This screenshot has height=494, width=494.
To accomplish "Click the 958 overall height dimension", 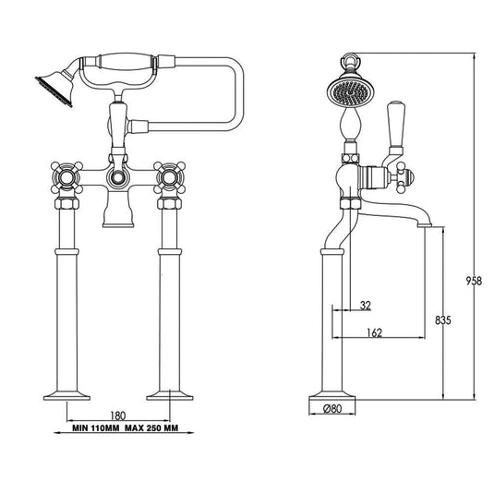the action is click(x=474, y=281).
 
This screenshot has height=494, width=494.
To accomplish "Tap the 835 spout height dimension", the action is click(x=443, y=320).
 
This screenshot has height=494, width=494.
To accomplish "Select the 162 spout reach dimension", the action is click(x=374, y=332).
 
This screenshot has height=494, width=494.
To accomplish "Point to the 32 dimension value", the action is click(x=366, y=306).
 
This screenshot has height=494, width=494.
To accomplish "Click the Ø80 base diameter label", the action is click(x=332, y=409).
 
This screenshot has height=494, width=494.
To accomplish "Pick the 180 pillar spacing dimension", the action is click(x=118, y=416).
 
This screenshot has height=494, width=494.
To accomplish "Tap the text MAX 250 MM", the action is click(x=151, y=428).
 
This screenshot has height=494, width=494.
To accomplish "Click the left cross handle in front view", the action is click(x=66, y=177).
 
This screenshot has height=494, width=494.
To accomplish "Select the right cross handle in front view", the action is click(x=170, y=177).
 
